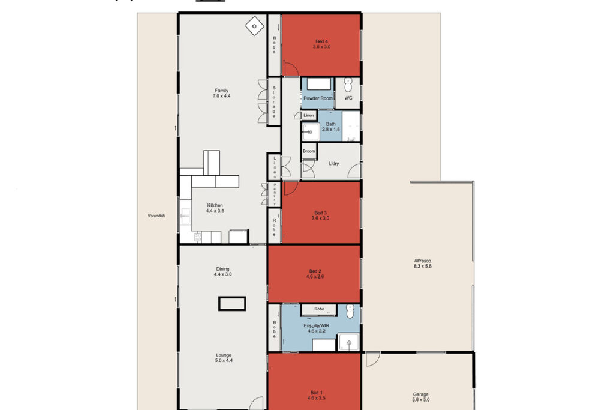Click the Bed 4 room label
[321, 43]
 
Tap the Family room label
[222, 93]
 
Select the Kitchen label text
[215, 208]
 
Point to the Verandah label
[156, 216]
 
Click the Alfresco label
[423, 263]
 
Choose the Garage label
[420, 397]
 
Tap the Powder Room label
[318, 98]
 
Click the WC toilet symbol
[348, 85]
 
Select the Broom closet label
[309, 151]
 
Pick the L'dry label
[333, 163]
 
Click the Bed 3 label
[320, 216]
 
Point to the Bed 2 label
[315, 274]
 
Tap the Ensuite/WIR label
[317, 328]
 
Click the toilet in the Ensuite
[350, 311]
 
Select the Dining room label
[222, 272]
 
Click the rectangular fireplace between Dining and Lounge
[232, 304]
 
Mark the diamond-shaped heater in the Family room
[254, 26]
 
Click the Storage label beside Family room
[274, 101]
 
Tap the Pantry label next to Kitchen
[275, 194]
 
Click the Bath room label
[330, 127]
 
